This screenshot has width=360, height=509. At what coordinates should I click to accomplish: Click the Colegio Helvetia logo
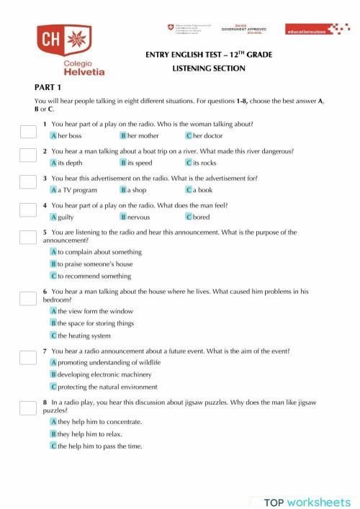coord(71,50)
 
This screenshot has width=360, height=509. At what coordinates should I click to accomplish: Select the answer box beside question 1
coord(27,131)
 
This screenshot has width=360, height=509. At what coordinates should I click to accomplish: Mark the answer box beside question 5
coord(27,237)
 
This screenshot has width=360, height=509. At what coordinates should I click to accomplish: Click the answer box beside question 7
coord(27,356)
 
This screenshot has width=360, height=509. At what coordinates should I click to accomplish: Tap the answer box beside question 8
coord(27,408)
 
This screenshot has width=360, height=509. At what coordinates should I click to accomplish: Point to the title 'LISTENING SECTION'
coord(209,68)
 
